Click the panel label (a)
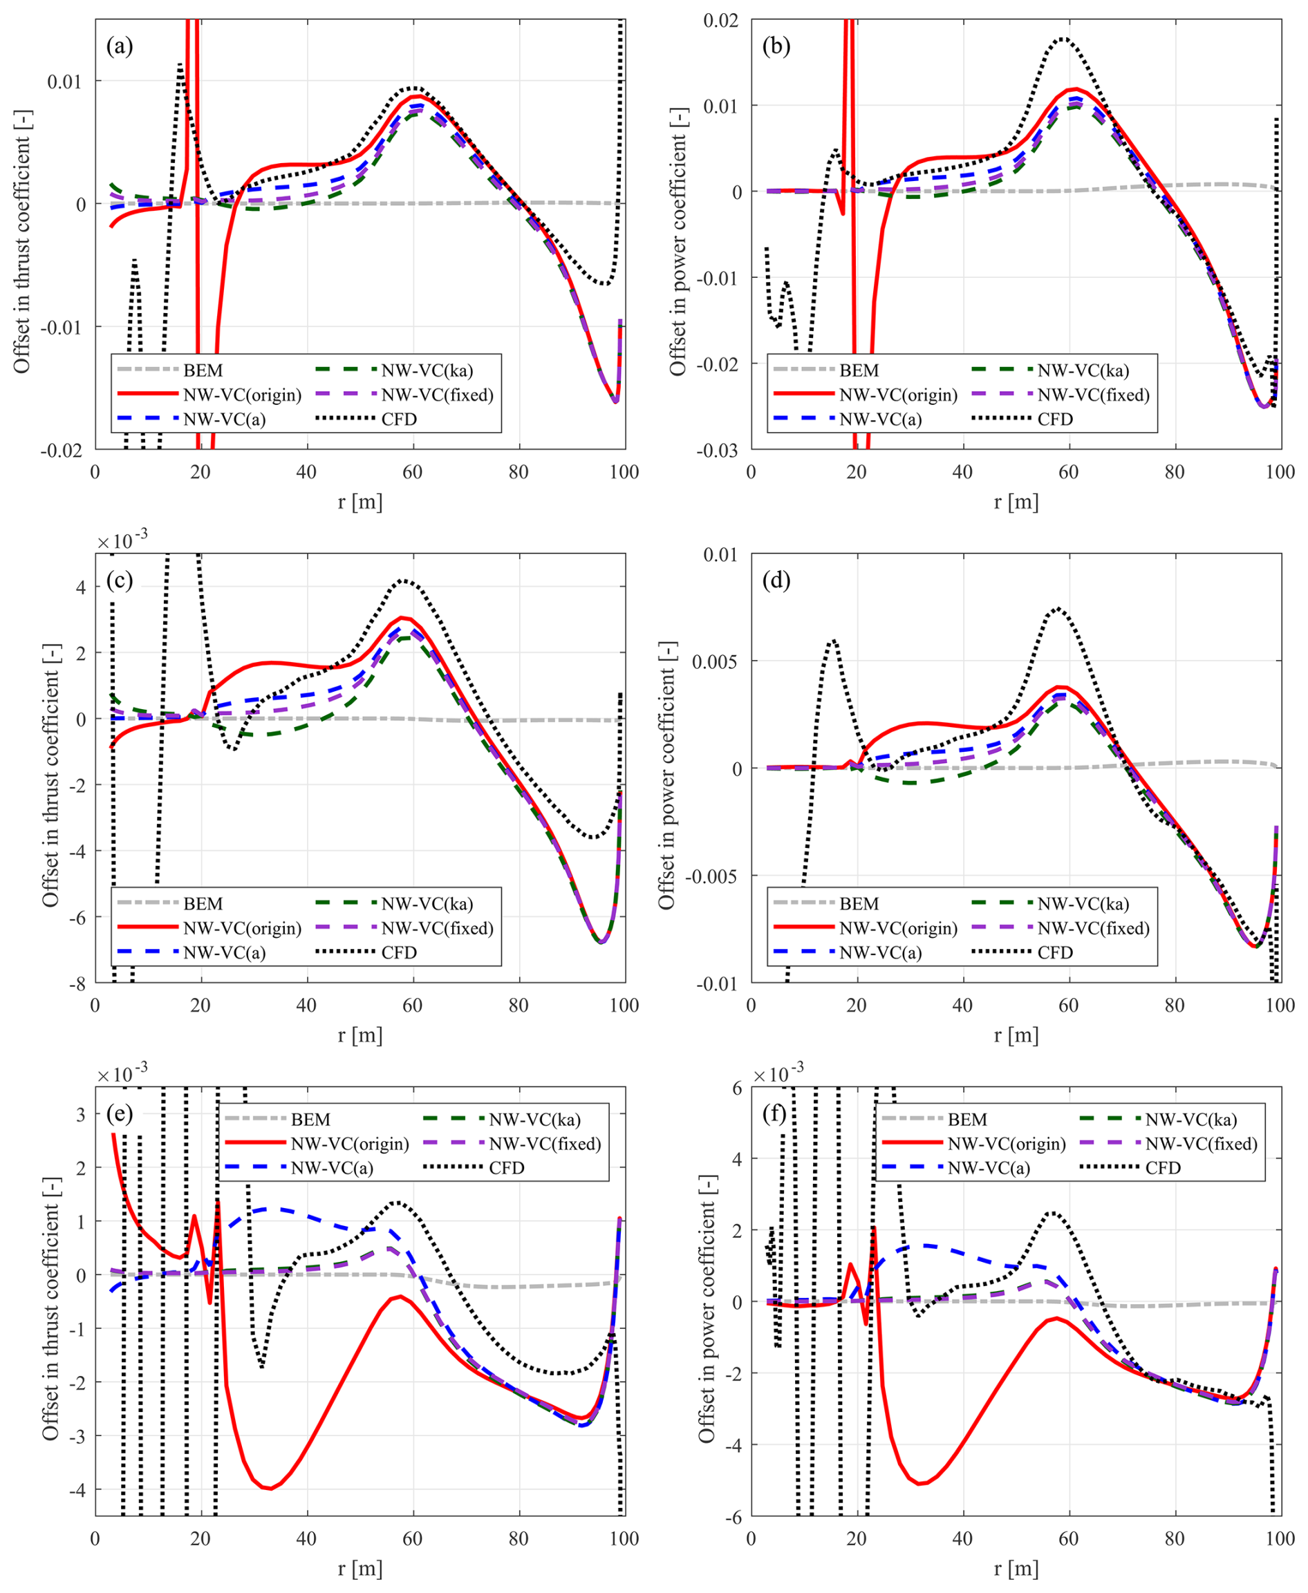click(119, 47)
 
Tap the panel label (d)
click(776, 580)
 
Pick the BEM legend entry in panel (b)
click(859, 370)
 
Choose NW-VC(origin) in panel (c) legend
click(242, 928)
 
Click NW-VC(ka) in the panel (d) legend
click(1083, 904)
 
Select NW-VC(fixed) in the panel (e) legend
click(545, 1143)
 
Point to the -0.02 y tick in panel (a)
click(62, 451)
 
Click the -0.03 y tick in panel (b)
click(719, 451)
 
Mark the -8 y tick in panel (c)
click(78, 983)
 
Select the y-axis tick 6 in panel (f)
click(736, 1088)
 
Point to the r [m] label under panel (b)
click(1016, 502)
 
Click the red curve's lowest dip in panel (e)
click(269, 1489)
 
